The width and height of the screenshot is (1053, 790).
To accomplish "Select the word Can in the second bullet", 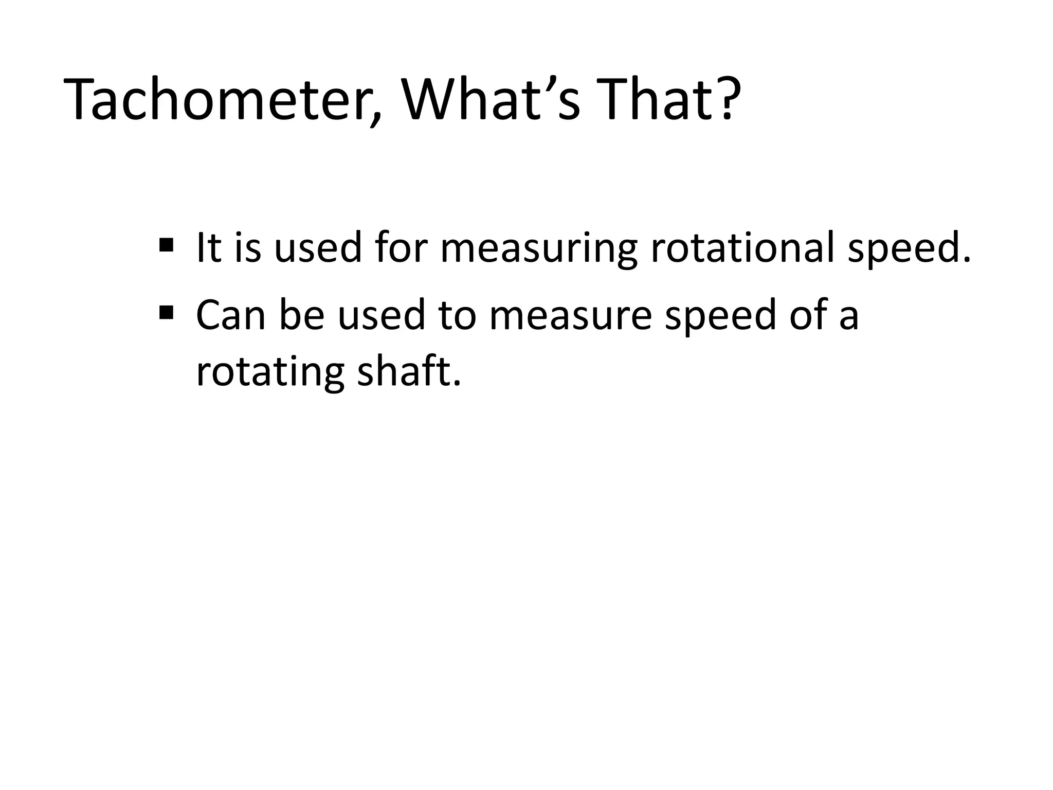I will click(x=230, y=316).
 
